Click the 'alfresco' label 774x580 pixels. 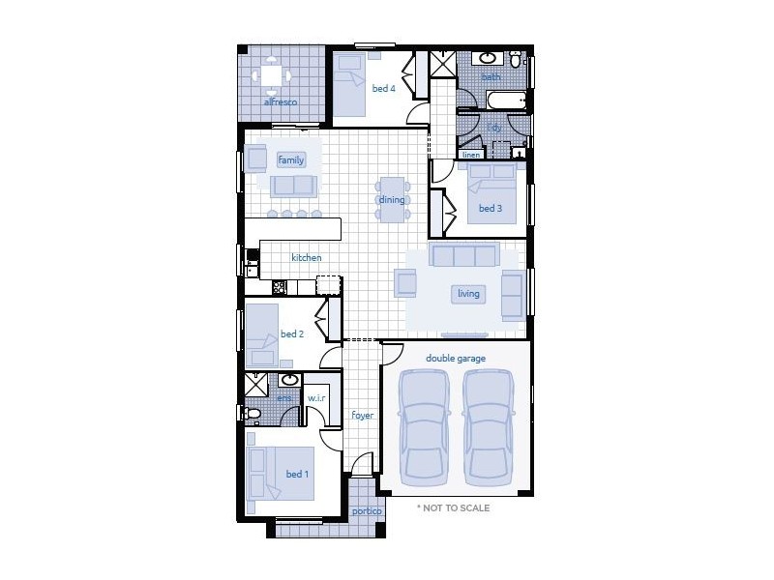280,101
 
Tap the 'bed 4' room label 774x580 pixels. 383,88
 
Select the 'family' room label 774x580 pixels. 290,159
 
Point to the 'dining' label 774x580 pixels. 392,200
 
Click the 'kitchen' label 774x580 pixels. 306,258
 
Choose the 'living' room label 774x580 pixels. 468,293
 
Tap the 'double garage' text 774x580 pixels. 456,358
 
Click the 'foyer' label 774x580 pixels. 362,416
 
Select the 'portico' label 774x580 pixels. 366,511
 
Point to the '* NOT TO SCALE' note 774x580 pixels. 453,507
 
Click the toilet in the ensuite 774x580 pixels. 253,414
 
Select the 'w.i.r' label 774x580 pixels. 316,398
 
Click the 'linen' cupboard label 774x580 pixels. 471,155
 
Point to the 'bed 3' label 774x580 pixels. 490,208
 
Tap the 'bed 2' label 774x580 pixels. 292,334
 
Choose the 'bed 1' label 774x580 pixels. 297,474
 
